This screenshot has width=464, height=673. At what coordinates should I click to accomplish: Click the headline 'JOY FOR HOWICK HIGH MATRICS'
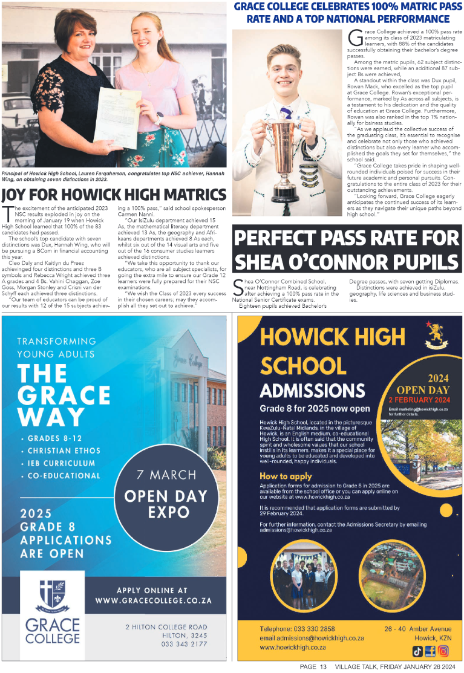pyautogui.click(x=114, y=195)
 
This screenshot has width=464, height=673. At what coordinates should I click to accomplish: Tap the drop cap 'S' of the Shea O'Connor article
pyautogui.click(x=238, y=287)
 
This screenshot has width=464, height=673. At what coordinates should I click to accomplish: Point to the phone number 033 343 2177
pyautogui.click(x=184, y=644)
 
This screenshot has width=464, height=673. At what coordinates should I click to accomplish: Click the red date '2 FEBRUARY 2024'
pyautogui.click(x=420, y=400)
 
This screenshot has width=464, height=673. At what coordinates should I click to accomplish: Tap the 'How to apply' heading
pyautogui.click(x=286, y=476)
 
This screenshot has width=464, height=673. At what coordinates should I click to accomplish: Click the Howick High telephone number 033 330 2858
pyautogui.click(x=314, y=629)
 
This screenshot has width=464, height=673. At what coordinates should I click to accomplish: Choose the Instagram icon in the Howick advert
pyautogui.click(x=443, y=651)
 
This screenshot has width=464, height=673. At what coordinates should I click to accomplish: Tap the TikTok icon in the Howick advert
pyautogui.click(x=417, y=651)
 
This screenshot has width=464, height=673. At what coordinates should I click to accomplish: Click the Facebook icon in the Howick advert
pyautogui.click(x=430, y=651)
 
